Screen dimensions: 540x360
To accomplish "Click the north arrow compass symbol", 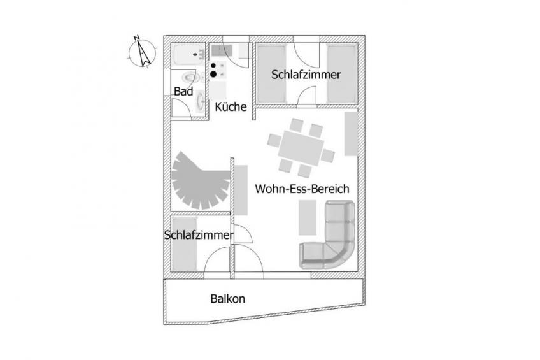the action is pyautogui.click(x=143, y=52).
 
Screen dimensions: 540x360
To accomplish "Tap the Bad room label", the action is pyautogui.click(x=183, y=92).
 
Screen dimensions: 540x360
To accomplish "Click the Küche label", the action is pyautogui.click(x=231, y=107).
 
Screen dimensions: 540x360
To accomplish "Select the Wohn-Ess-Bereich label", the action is pyautogui.click(x=302, y=189).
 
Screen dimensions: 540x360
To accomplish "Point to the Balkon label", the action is pyautogui.click(x=227, y=299).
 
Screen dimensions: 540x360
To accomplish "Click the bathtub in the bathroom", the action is pyautogui.click(x=188, y=55).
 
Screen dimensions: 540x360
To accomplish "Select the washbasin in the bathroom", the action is pyautogui.click(x=200, y=101).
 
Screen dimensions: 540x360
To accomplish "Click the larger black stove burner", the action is pyautogui.click(x=213, y=74).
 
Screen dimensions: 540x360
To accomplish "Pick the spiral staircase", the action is pyautogui.click(x=201, y=180).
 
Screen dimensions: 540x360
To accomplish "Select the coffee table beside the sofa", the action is pyautogui.click(x=308, y=218).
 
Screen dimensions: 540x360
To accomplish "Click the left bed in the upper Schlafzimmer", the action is pyautogui.click(x=271, y=74).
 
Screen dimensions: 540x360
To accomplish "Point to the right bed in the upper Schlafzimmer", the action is pyautogui.click(x=341, y=74).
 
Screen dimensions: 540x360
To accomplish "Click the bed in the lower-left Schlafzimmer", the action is pyautogui.click(x=185, y=243).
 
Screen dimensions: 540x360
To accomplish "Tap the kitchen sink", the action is pyautogui.click(x=222, y=50).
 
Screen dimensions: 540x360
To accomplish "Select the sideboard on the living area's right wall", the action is pyautogui.click(x=351, y=134).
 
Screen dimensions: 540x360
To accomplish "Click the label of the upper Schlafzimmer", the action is pyautogui.click(x=306, y=75).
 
